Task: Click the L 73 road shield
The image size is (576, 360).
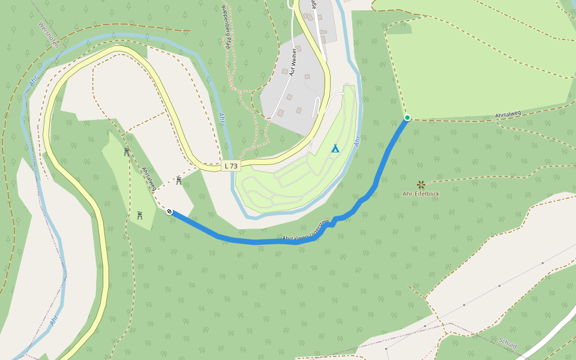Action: [x=231, y=166]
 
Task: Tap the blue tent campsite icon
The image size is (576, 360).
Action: [x=335, y=148]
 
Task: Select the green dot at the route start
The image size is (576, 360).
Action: [x=407, y=118]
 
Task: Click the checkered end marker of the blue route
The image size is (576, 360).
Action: [x=170, y=211]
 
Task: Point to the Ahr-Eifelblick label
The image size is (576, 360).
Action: [x=421, y=194]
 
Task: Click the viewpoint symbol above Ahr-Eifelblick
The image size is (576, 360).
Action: [x=421, y=184]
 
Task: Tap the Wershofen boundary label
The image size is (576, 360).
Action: [x=47, y=37]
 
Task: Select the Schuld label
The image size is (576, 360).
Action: [x=508, y=343]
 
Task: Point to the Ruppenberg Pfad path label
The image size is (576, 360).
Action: [x=226, y=26]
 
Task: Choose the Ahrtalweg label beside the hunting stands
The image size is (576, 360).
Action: [x=149, y=178]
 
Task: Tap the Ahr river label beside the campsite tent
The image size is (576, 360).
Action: [x=358, y=141]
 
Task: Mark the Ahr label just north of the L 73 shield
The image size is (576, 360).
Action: [x=222, y=118]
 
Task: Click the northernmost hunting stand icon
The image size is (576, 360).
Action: [x=127, y=152]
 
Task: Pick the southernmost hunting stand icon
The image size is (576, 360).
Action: [x=140, y=215]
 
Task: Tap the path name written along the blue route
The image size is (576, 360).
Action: [x=306, y=231]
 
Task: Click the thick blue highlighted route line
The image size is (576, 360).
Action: [x=252, y=241]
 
